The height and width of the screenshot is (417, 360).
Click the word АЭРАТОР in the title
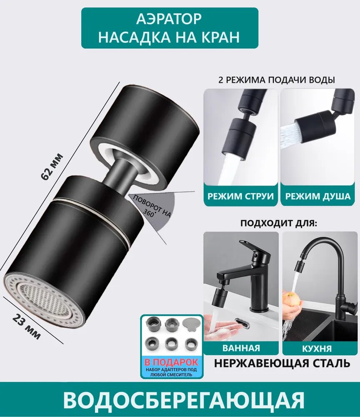click(x=169, y=19)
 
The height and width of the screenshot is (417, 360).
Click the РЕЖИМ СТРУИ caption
click(x=241, y=196)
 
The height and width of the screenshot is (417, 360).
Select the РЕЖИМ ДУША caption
click(x=318, y=196)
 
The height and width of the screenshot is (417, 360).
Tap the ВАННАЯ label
click(x=241, y=348)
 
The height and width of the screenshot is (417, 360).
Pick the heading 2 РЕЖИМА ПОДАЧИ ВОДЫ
click(x=277, y=80)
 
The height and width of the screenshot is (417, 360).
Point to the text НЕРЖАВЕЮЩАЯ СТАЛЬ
click(x=282, y=363)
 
